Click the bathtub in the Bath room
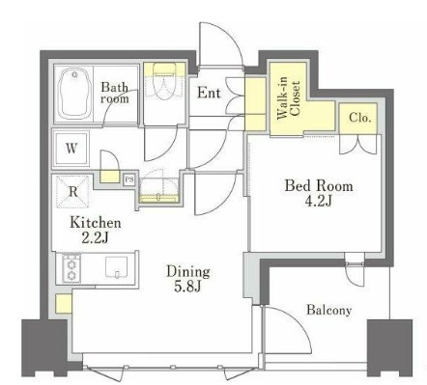click(74, 95)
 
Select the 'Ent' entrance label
click(209, 93)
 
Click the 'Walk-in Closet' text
click(289, 100)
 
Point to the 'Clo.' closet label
click(360, 118)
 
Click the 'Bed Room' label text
click(319, 186)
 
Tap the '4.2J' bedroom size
click(318, 201)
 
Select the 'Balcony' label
click(328, 310)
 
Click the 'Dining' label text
click(188, 272)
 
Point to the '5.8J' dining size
click(187, 287)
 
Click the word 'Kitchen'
click(96, 223)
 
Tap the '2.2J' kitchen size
click(95, 237)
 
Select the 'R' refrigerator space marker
click(73, 192)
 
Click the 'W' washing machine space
click(71, 149)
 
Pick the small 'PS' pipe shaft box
click(129, 179)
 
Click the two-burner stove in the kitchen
click(71, 268)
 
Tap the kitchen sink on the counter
click(117, 266)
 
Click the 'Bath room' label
click(114, 93)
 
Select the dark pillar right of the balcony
click(389, 347)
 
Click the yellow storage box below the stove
click(63, 303)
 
